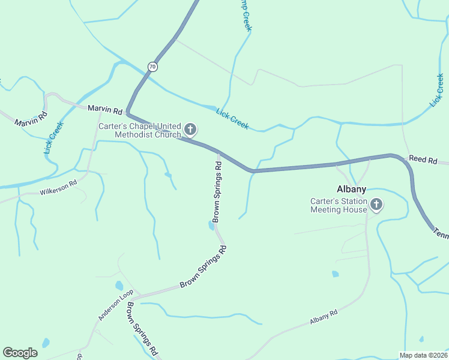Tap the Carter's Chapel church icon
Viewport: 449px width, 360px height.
(190, 129)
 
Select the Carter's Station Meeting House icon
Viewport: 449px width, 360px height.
(376, 205)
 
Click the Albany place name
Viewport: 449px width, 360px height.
(351, 189)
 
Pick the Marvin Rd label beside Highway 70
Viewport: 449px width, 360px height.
(105, 110)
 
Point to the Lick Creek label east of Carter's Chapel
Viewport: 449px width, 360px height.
(232, 118)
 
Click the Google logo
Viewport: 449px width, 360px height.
(20, 353)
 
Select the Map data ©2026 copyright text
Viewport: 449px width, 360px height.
(424, 355)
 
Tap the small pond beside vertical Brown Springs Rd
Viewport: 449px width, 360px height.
(211, 226)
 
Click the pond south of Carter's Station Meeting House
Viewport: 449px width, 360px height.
(335, 274)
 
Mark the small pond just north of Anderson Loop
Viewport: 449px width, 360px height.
(119, 286)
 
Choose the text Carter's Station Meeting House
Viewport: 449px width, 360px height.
(338, 206)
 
